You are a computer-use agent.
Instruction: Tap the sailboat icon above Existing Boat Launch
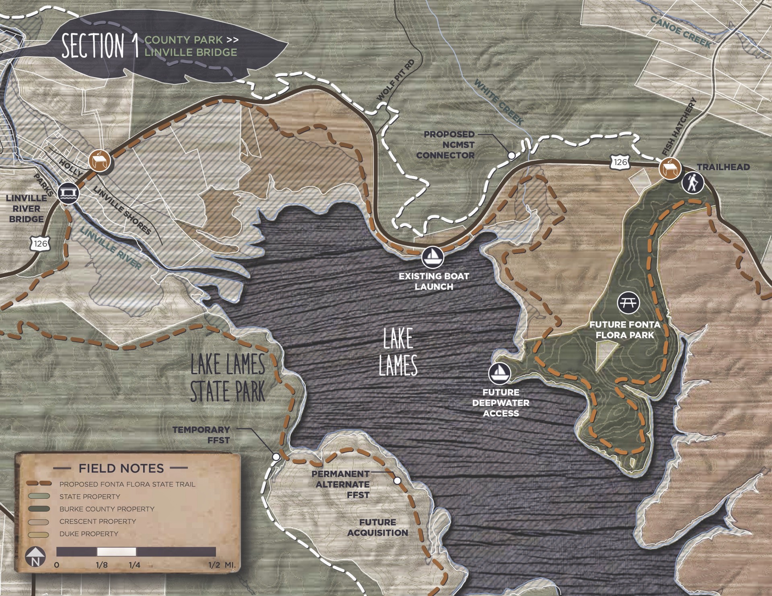432,256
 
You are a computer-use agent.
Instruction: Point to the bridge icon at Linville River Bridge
68,194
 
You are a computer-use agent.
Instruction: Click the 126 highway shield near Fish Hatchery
620,162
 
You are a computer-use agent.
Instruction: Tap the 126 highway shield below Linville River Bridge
41,243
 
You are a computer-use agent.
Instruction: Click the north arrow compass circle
35,558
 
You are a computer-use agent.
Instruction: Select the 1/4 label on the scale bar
134,565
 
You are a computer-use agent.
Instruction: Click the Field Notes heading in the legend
121,468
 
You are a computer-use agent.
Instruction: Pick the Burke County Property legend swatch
39,509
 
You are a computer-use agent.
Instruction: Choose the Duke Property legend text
89,534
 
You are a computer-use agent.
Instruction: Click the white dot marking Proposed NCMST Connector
511,155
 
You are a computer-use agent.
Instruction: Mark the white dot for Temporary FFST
276,457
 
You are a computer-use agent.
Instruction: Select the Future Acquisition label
378,527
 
